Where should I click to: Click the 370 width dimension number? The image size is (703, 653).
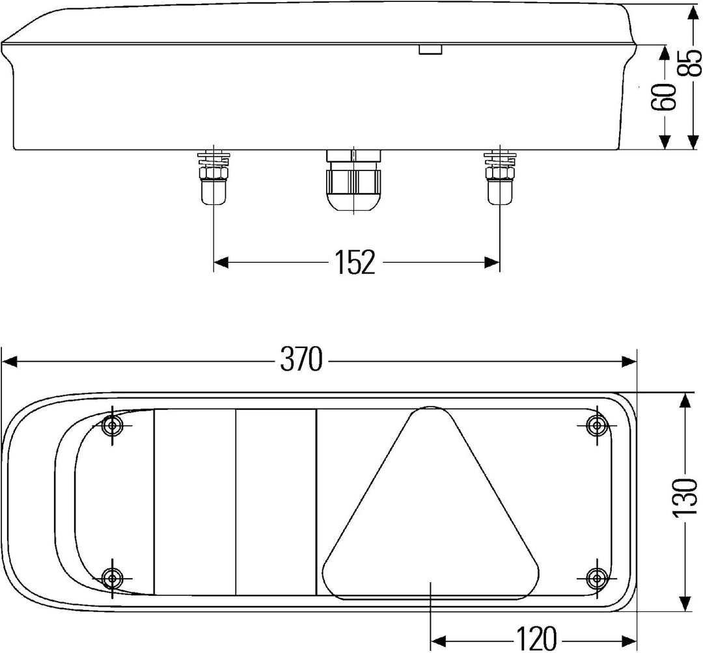click(301, 359)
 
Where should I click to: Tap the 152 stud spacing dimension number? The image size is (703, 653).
click(355, 263)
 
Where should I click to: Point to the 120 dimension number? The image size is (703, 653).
click(536, 639)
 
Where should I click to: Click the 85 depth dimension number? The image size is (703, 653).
click(689, 62)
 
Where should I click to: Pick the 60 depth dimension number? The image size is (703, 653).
click(663, 97)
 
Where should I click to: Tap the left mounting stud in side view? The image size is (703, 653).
click(214, 178)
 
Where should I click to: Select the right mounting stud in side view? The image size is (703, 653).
click(500, 178)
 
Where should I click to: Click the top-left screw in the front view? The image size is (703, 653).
click(112, 425)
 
